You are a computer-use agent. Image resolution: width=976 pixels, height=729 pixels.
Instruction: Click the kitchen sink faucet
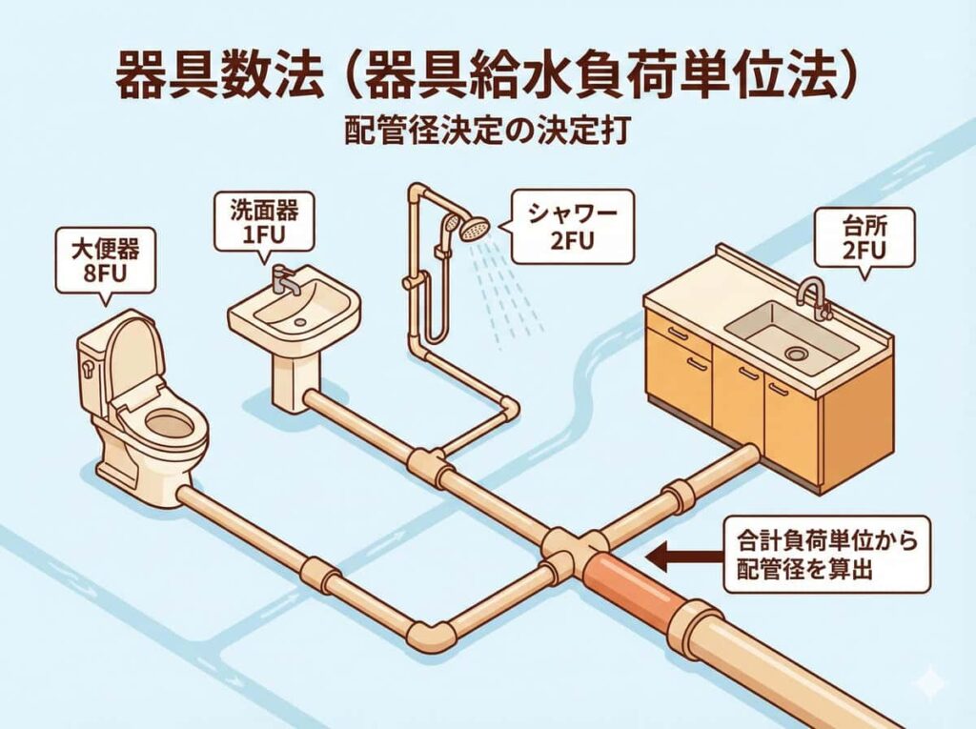coord(812,293)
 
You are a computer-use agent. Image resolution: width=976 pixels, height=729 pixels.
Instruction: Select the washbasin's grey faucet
coord(283,278)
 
